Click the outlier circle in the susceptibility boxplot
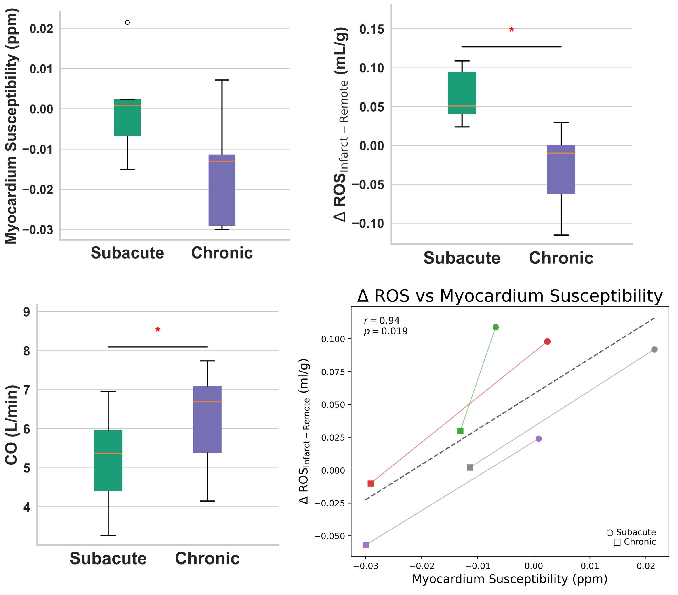[x=127, y=22]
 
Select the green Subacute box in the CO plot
[x=108, y=461]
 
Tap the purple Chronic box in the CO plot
[x=207, y=419]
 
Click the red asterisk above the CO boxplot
[x=158, y=330]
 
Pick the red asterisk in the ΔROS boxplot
[x=511, y=30]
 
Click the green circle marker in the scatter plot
[x=496, y=327]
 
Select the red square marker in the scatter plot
[x=371, y=483]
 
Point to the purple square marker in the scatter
[x=366, y=545]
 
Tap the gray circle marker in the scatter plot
[x=654, y=349]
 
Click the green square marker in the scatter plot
[x=460, y=431]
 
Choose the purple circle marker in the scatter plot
[x=539, y=439]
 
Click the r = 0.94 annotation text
[x=382, y=321]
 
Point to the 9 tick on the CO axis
[x=26, y=312]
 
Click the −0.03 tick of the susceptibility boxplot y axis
[x=37, y=230]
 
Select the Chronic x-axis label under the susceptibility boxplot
[x=222, y=253]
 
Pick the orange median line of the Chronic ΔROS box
[x=561, y=153]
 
